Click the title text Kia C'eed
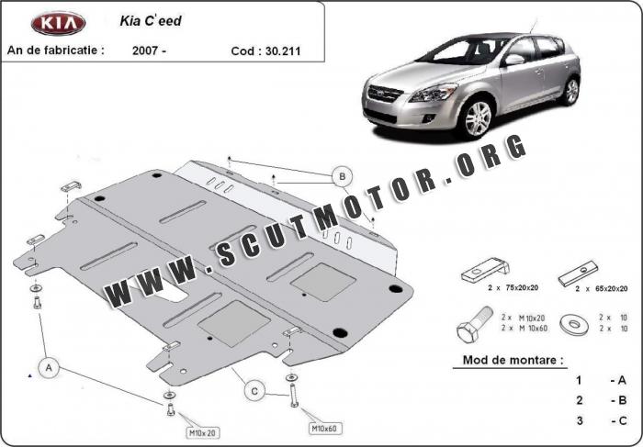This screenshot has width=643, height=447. click(x=151, y=20)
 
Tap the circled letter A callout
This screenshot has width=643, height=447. click(x=50, y=368)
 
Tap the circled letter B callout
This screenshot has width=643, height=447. click(x=342, y=175)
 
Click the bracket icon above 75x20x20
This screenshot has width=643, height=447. click(x=485, y=273)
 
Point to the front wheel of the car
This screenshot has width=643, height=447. click(x=477, y=118)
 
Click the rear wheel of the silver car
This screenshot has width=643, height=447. click(x=571, y=91)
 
